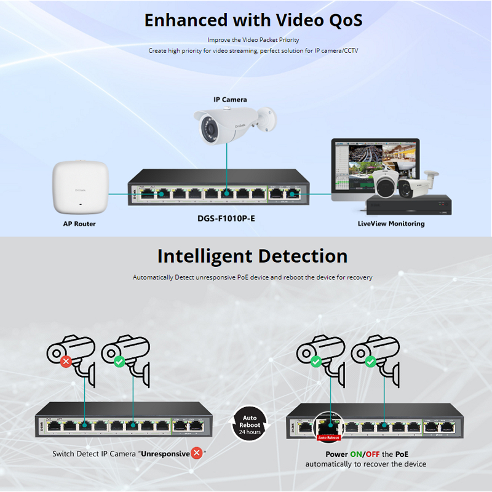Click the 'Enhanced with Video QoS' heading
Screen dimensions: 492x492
pos(253,20)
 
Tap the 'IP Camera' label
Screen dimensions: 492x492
pos(230,99)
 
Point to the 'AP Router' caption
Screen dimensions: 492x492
pos(79,224)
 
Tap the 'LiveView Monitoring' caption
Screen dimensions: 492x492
pos(391,224)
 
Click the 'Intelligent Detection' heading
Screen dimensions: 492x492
pos(252,256)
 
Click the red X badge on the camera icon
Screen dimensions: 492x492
pos(65,361)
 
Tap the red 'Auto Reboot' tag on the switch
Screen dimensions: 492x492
pos(328,438)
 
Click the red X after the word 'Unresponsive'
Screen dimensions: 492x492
pos(197,453)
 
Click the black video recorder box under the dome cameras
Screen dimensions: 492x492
pos(408,205)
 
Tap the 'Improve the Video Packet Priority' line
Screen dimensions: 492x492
pos(253,40)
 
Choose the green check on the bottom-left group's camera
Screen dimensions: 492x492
pos(119,361)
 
